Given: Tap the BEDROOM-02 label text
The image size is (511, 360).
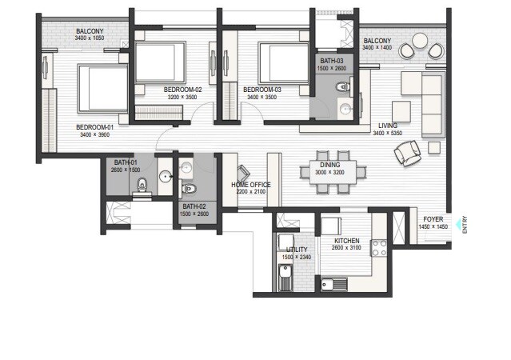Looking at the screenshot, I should [x=182, y=89].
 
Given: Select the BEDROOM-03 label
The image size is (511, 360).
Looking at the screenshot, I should [x=262, y=89].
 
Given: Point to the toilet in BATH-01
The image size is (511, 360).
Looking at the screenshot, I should [x=143, y=185].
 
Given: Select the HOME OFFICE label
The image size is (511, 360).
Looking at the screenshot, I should [x=251, y=185].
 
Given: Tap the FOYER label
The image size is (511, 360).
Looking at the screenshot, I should [x=433, y=218].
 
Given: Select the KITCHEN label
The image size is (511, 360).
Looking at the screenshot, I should [x=346, y=241].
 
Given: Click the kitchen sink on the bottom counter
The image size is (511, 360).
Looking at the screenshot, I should [x=330, y=282].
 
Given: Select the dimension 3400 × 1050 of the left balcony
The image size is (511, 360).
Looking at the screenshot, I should [x=78, y=38].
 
